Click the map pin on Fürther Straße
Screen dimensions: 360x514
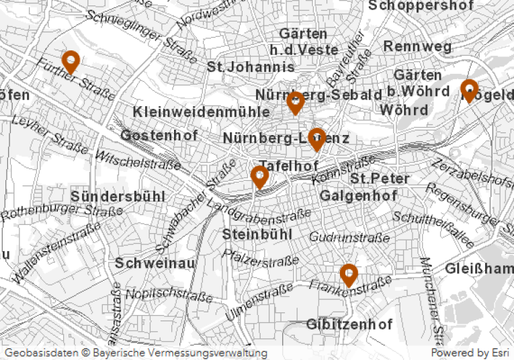click(71, 62)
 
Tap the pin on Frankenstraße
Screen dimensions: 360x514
click(348, 274)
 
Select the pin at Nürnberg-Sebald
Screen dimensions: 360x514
click(295, 103)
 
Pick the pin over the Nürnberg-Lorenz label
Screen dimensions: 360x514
click(317, 139)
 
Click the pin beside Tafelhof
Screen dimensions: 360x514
click(259, 177)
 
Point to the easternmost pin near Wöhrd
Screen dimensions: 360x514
click(469, 89)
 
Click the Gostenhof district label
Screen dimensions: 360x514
click(159, 136)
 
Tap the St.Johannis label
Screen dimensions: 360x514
click(251, 67)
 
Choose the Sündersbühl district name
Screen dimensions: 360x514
click(118, 197)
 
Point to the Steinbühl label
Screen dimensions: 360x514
click(257, 234)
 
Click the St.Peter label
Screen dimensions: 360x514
click(380, 179)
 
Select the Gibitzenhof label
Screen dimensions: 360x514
click(349, 324)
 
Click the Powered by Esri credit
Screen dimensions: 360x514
click(470, 353)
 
